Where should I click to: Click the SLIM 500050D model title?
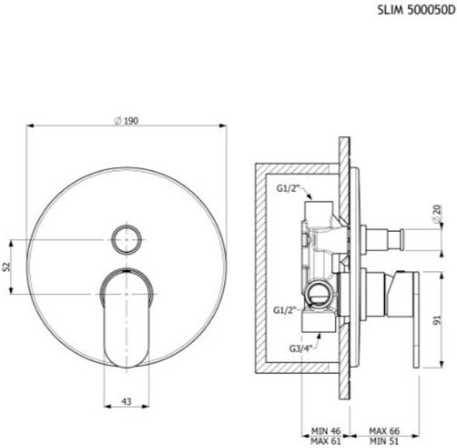point(416,10)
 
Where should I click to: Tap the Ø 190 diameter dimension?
point(126,121)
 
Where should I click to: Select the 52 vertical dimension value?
point(7,266)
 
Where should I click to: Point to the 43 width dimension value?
point(126,402)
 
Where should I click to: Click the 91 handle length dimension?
point(438,320)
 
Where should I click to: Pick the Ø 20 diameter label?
point(438,214)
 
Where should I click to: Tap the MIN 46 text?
point(326,430)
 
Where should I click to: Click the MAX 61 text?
point(326,441)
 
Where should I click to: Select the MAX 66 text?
point(384,430)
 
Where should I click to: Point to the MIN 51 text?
point(384,441)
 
